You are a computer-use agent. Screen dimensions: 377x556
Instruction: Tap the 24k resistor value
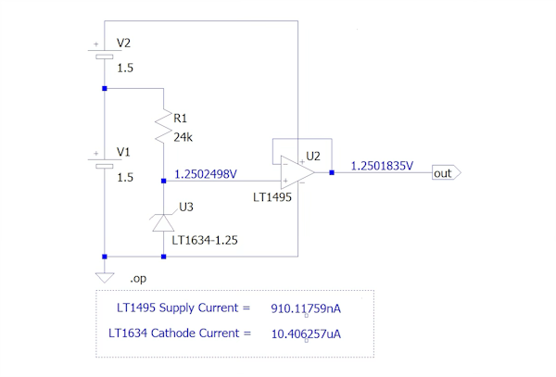(183, 138)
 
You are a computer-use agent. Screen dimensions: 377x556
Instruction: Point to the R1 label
(181, 119)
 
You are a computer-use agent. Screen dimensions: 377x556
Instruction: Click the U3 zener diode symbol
(163, 223)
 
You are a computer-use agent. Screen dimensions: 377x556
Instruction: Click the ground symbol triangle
(105, 277)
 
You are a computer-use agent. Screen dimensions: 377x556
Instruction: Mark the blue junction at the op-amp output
(331, 172)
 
